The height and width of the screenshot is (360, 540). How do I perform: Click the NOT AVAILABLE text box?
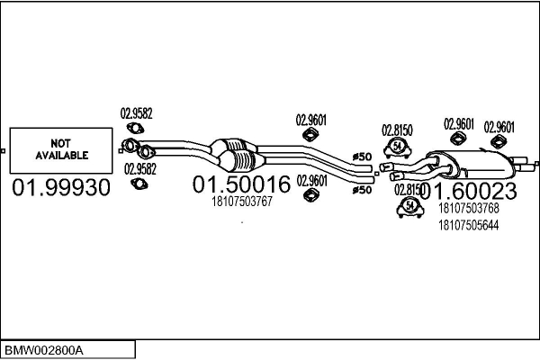(61, 149)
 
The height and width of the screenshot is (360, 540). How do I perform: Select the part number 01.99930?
(60, 188)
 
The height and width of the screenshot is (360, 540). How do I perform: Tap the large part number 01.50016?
(241, 185)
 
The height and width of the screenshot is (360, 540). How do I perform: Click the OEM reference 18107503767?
(241, 202)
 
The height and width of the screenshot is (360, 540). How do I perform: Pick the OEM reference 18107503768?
(467, 208)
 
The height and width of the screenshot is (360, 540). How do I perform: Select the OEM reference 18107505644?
(467, 225)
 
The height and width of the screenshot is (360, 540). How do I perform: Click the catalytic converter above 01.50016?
(236, 153)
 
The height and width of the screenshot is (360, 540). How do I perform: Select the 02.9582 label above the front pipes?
(137, 113)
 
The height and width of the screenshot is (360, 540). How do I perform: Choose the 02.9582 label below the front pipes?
(139, 168)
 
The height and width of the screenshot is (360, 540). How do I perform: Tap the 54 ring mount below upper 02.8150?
(398, 148)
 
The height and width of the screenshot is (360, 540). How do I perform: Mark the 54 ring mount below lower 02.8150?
(409, 208)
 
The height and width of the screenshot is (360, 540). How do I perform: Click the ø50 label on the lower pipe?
(361, 190)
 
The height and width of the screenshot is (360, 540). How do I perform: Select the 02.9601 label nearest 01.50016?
(311, 179)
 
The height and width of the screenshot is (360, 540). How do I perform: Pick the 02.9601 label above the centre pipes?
(310, 119)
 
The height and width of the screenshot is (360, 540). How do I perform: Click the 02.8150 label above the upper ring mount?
(397, 130)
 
